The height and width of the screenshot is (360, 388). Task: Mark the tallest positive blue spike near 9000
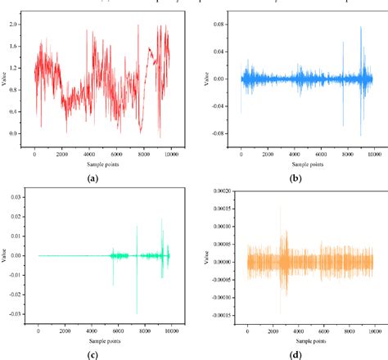tap(361, 27)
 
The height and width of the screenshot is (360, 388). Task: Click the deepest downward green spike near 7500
tap(137, 313)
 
